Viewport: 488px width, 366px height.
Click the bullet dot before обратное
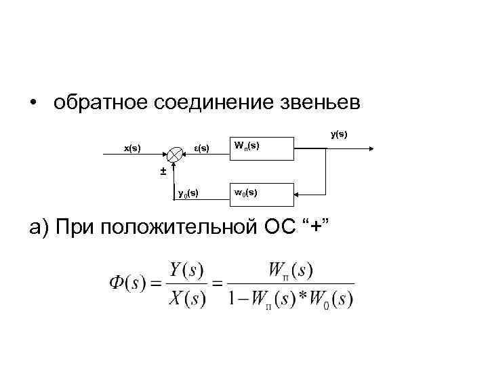pos(32,104)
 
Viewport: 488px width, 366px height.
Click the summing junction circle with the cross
pos(175,154)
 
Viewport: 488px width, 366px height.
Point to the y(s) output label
pos(339,134)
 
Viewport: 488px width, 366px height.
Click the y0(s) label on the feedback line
pos(188,194)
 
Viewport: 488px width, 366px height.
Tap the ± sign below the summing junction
pos(163,170)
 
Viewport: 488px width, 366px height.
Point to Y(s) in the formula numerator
pos(188,270)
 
